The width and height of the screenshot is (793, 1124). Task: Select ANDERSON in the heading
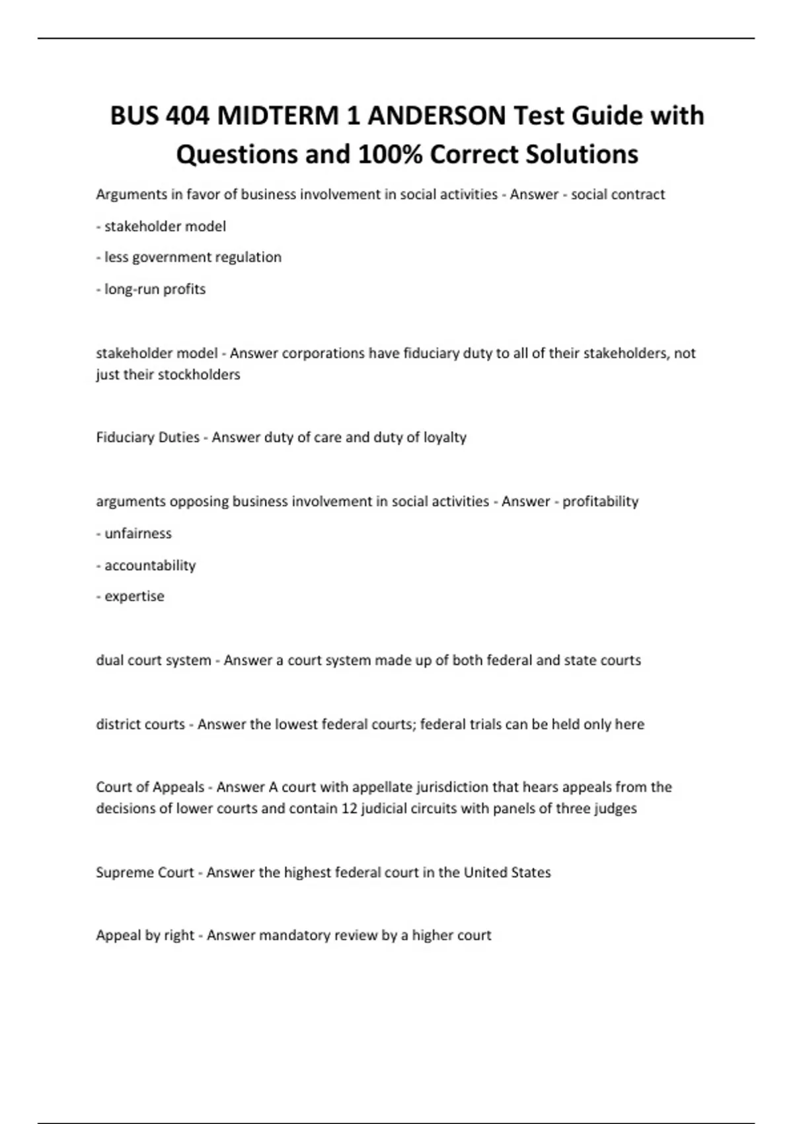436,116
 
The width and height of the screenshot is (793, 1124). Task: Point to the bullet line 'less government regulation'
192,257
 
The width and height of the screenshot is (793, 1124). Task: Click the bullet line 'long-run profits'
155,289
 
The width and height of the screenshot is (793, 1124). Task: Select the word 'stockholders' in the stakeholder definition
202,374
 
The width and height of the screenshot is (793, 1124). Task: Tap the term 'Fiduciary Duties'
147,437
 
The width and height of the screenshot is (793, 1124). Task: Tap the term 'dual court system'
153,660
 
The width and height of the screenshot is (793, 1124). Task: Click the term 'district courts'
140,724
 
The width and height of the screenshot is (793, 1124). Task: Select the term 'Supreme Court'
145,872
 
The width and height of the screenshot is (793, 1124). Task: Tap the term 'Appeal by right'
145,935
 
